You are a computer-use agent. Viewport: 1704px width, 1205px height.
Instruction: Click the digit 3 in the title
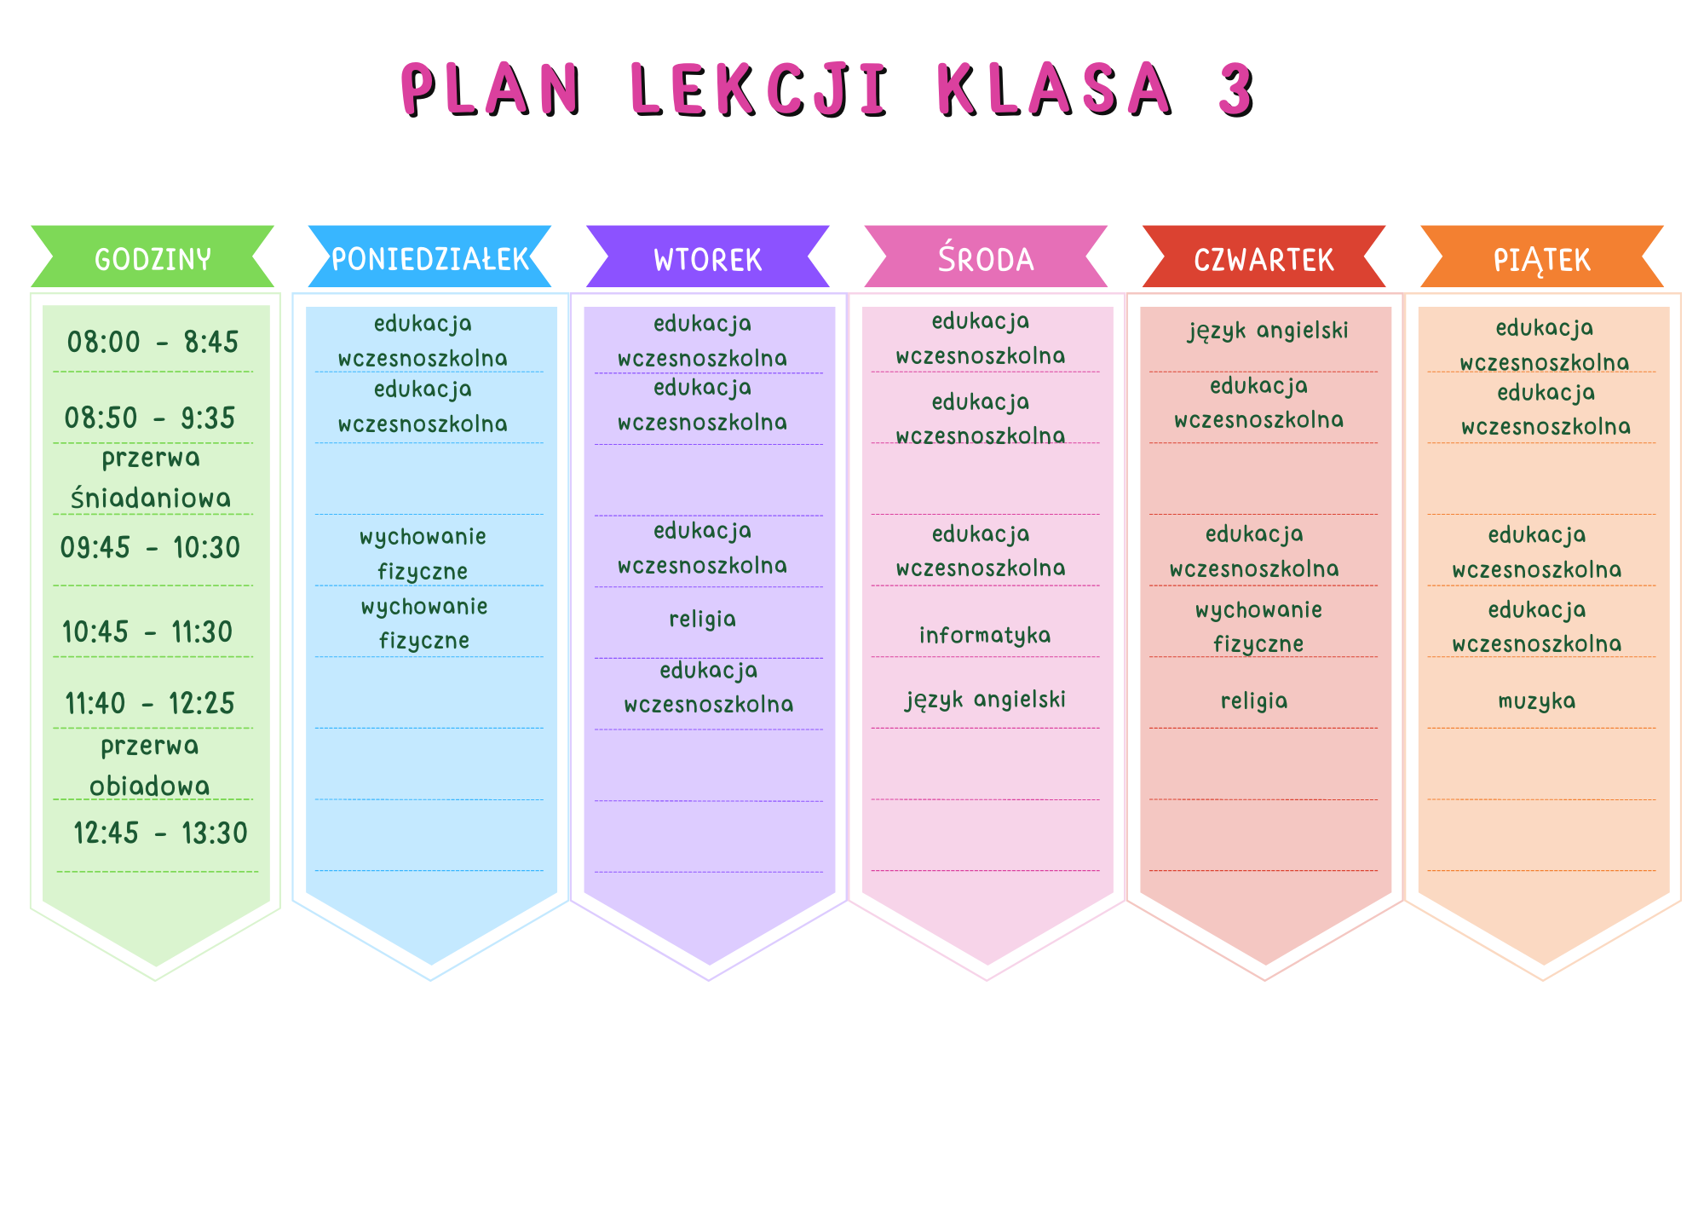[1236, 89]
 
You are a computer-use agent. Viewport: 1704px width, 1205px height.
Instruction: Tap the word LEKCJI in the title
[760, 89]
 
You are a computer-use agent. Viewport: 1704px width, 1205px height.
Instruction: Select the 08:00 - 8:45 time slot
[153, 343]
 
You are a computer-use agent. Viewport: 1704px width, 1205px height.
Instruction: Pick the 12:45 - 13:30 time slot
[160, 833]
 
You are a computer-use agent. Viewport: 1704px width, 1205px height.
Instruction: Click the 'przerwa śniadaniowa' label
[151, 478]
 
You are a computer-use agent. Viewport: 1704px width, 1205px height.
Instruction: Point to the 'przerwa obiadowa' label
[150, 765]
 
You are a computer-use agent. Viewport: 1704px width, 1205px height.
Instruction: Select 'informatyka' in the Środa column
[985, 636]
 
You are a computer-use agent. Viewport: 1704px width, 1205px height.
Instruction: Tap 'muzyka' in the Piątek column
[1537, 701]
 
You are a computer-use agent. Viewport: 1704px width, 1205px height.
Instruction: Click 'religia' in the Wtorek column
[703, 620]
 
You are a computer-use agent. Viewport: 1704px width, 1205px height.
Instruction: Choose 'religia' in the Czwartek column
[1254, 701]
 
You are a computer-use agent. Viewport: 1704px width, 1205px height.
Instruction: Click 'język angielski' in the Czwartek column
[1269, 331]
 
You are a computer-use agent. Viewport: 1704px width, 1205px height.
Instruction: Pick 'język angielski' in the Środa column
[986, 701]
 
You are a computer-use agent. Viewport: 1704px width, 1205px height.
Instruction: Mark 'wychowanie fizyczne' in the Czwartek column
[1259, 626]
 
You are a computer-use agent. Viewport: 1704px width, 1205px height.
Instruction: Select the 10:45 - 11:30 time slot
[147, 632]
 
